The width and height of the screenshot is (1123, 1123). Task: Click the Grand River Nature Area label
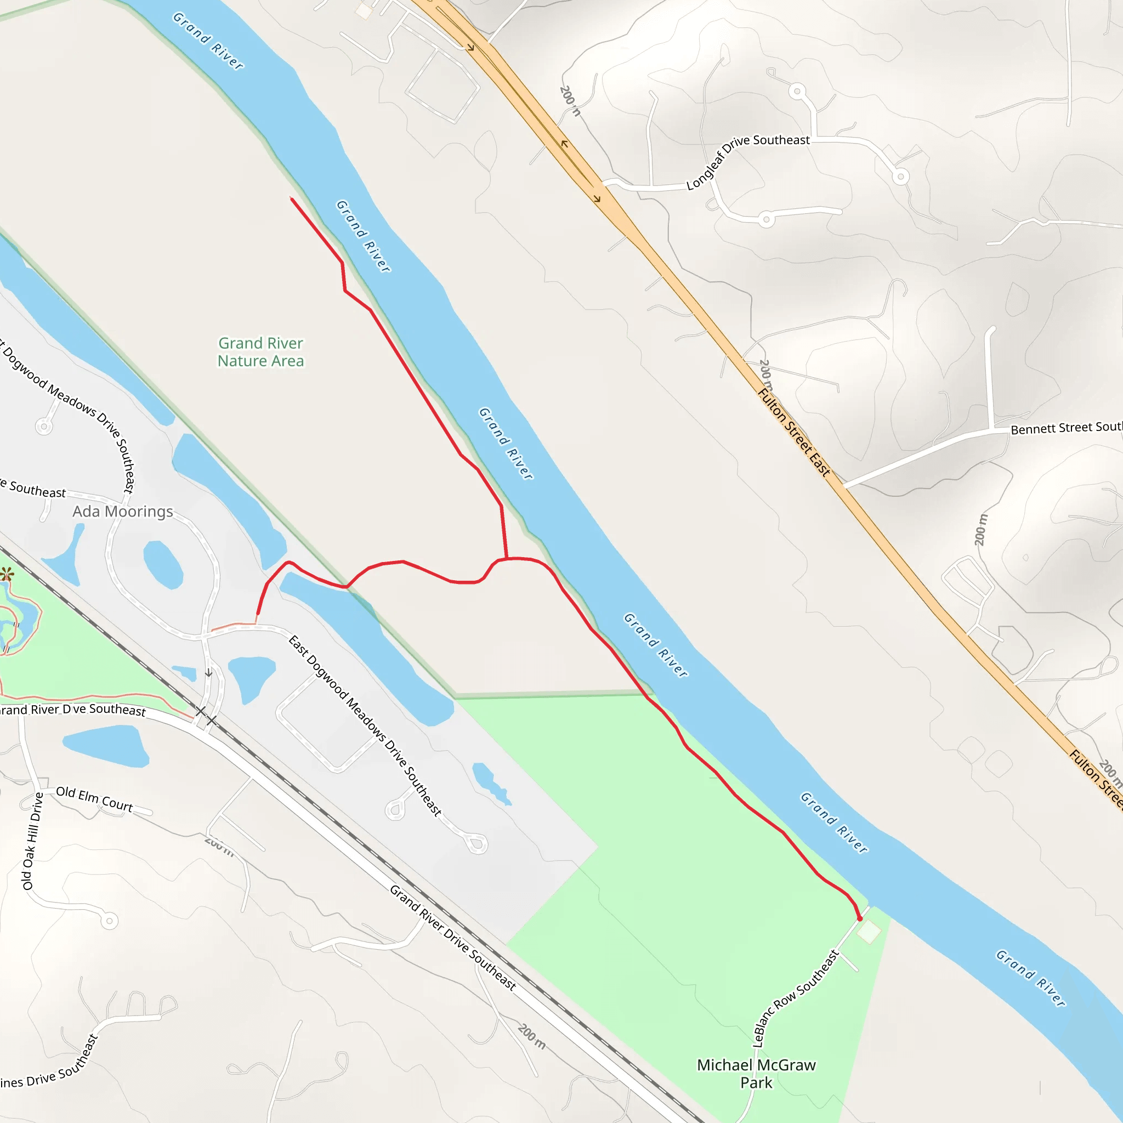pyautogui.click(x=260, y=351)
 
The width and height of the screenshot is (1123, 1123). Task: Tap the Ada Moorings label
pyautogui.click(x=123, y=512)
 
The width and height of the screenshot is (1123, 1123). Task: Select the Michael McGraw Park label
pyautogui.click(x=756, y=1074)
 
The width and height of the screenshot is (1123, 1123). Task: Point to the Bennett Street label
pyautogui.click(x=1066, y=428)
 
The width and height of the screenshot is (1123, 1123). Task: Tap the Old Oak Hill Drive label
pyautogui.click(x=32, y=841)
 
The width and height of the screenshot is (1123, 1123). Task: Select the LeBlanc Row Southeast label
pyautogui.click(x=795, y=998)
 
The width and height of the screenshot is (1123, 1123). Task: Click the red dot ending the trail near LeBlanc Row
pyautogui.click(x=860, y=919)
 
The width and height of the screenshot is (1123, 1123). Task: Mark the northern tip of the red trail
pyautogui.click(x=292, y=200)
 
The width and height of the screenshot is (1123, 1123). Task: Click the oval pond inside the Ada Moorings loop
pyautogui.click(x=163, y=564)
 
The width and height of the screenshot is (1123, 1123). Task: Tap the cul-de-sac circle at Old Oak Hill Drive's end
pyautogui.click(x=109, y=921)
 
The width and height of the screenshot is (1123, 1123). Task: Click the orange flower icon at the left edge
pyautogui.click(x=7, y=575)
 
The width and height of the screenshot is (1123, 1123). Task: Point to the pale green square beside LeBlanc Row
pyautogui.click(x=869, y=932)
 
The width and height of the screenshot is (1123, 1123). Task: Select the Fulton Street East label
pyautogui.click(x=794, y=433)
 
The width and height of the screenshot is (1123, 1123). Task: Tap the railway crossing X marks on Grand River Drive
pyautogui.click(x=206, y=716)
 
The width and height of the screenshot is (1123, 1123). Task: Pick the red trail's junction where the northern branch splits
pyautogui.click(x=507, y=559)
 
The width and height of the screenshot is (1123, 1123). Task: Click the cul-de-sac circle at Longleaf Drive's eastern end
pyautogui.click(x=900, y=176)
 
